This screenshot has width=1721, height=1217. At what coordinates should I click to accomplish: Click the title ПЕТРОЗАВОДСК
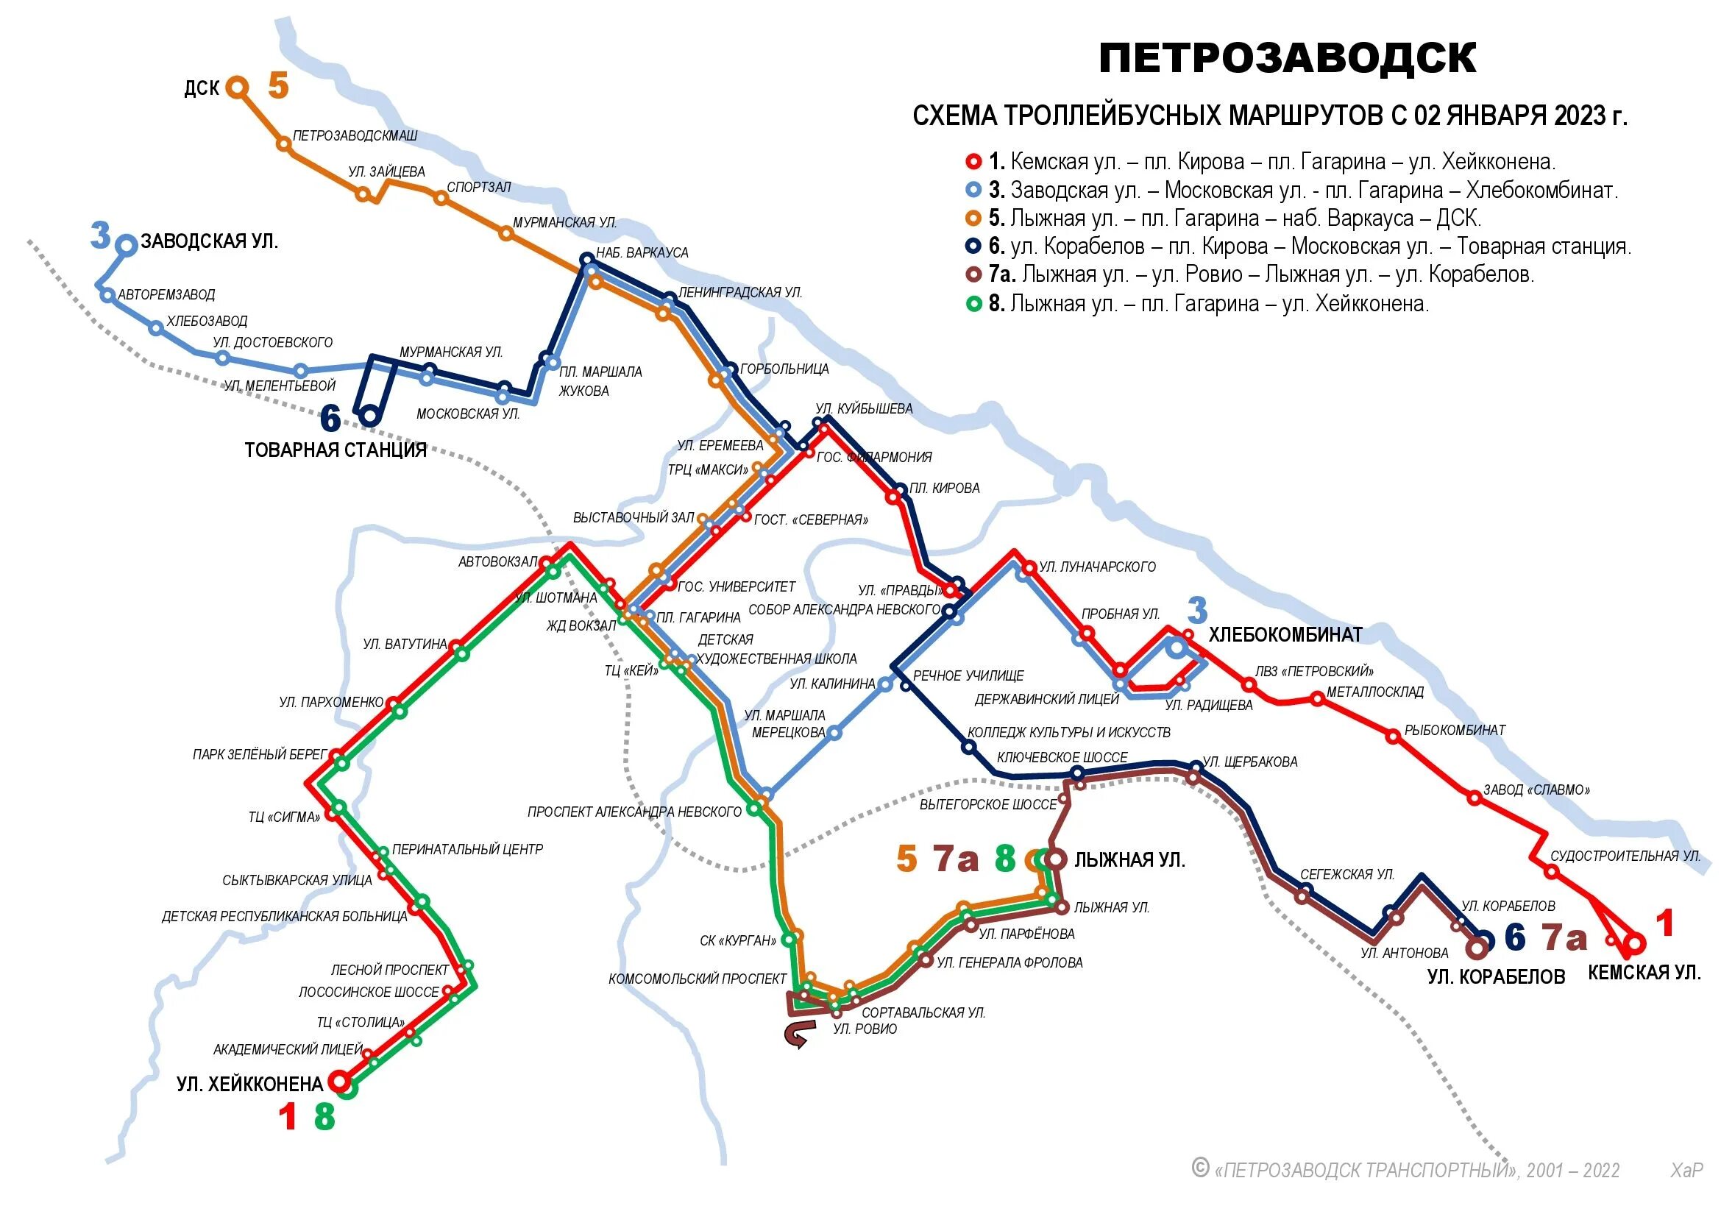1287,58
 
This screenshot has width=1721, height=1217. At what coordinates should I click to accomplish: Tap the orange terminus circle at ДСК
238,88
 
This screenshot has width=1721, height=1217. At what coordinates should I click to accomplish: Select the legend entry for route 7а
1259,275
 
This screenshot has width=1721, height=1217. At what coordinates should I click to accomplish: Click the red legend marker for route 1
973,162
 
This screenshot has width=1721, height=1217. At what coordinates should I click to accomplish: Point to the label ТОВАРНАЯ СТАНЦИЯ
335,450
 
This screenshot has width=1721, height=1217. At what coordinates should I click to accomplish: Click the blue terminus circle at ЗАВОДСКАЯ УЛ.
127,245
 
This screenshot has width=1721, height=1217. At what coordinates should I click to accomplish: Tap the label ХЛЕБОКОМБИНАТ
1285,635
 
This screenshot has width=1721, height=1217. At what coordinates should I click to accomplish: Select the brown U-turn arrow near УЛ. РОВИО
795,1037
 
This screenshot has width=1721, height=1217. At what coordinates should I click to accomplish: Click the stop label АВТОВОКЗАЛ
497,562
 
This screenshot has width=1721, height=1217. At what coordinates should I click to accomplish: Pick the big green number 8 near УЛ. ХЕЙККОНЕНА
324,1116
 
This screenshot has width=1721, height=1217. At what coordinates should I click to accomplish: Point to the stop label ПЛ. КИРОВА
945,489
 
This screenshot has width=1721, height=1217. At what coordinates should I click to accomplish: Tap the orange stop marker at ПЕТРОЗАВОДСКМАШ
283,144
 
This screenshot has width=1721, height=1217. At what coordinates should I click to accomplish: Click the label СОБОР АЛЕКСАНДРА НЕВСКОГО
844,610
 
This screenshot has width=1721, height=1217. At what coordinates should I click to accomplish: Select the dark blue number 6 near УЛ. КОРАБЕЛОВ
1514,937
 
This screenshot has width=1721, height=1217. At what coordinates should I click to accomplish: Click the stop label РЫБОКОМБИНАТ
1454,731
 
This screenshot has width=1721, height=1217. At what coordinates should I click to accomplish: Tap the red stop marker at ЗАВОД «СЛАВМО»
1474,798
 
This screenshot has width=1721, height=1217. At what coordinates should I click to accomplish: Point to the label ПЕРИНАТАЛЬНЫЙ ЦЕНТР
467,850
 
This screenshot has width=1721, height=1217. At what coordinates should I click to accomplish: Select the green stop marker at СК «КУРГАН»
789,939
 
